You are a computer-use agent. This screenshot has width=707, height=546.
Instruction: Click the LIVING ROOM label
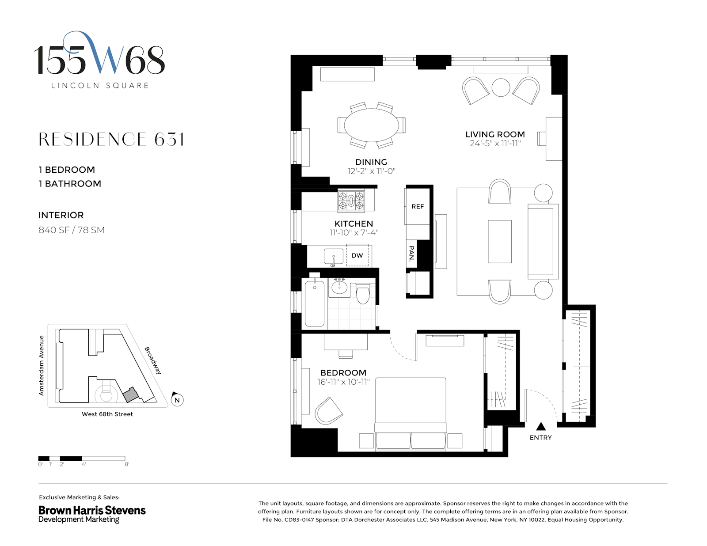pyautogui.click(x=495, y=134)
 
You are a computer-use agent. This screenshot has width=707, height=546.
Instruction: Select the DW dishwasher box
pyautogui.click(x=357, y=255)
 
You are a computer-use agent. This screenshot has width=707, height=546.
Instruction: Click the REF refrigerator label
pyautogui.click(x=418, y=206)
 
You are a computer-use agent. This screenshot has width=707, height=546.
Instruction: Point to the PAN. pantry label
pyautogui.click(x=411, y=254)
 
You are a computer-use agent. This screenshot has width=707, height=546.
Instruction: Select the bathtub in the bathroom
pyautogui.click(x=315, y=303)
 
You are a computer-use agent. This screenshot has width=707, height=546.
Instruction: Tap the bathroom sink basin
pyautogui.click(x=339, y=288)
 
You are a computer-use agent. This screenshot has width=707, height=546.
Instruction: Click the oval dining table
pyautogui.click(x=371, y=125)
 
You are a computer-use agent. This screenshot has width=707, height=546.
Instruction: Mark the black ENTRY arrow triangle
pyautogui.click(x=541, y=426)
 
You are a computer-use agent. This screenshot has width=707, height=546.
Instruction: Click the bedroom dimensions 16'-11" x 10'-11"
pyautogui.click(x=343, y=382)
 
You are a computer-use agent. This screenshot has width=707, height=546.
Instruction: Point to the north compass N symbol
pyautogui.click(x=177, y=400)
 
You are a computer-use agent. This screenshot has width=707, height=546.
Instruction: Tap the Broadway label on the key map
pyautogui.click(x=153, y=360)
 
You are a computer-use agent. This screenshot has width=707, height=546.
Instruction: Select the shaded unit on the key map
pyautogui.click(x=130, y=395)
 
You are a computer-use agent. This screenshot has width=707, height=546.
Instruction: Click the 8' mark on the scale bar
pyautogui.click(x=126, y=464)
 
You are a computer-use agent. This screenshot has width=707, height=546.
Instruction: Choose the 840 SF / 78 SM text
pyautogui.click(x=72, y=230)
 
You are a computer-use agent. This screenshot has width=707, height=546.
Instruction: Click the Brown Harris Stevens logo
pyautogui.click(x=92, y=514)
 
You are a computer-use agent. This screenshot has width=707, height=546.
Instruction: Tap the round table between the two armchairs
pyautogui.click(x=501, y=87)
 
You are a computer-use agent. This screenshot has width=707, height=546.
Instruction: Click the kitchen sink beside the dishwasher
pyautogui.click(x=333, y=256)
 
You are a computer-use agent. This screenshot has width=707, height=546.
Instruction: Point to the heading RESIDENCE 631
pyautogui.click(x=111, y=140)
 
